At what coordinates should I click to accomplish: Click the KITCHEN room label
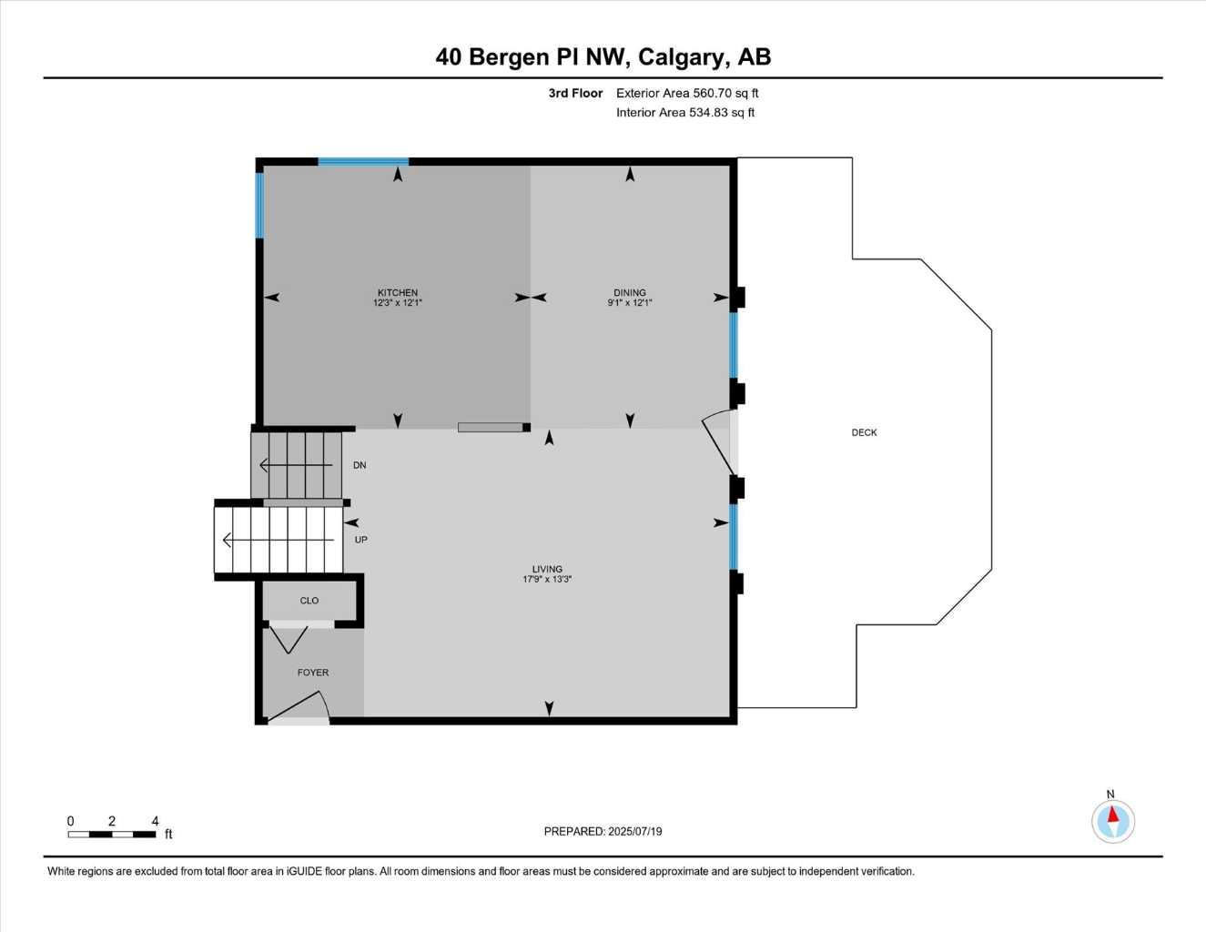coord(398,293)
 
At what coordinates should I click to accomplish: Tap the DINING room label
coord(630,293)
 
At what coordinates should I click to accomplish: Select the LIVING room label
coord(547,569)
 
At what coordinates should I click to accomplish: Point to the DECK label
coord(864,432)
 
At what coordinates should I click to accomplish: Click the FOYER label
coord(313,673)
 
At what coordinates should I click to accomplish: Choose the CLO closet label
coord(309,601)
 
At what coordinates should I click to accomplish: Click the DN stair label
coord(360,465)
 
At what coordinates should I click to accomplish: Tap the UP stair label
coord(360,540)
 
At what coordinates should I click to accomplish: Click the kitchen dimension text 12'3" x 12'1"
coord(398,303)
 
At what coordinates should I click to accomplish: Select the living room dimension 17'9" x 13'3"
coord(547,580)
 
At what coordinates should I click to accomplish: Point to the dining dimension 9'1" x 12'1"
coord(630,303)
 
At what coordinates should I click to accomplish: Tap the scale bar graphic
coord(111,834)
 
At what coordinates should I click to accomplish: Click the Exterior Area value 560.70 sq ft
coord(725,93)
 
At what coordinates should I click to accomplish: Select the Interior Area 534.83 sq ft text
coord(722,113)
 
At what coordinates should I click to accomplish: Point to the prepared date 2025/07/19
coord(635,831)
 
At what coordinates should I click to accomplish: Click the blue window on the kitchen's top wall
coord(363,162)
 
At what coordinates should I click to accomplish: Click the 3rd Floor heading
coord(575,93)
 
